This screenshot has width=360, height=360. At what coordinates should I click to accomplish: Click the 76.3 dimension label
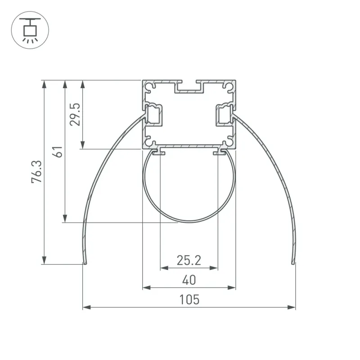tap(37, 172)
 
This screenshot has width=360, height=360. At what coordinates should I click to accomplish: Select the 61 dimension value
tap(58, 152)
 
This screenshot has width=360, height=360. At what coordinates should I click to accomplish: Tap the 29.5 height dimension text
tap(75, 114)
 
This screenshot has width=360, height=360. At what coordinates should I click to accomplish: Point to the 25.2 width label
tap(189, 261)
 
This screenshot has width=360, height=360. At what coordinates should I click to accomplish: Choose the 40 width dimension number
tap(189, 280)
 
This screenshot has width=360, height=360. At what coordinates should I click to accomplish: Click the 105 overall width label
tap(189, 300)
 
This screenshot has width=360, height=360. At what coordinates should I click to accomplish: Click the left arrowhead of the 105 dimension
tap(86, 307)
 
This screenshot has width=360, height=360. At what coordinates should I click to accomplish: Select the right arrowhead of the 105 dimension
tap(292, 307)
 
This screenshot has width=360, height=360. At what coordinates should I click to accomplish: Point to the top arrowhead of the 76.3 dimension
tap(44, 84)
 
